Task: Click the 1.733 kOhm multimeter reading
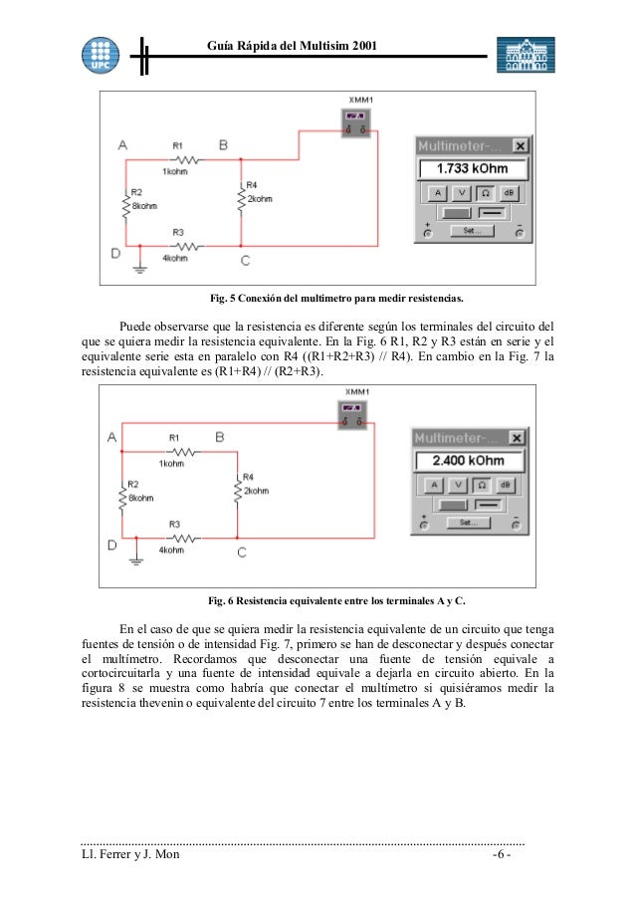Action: click(x=473, y=168)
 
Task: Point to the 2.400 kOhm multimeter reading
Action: click(x=468, y=461)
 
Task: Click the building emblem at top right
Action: click(x=526, y=55)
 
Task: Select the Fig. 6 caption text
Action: click(x=334, y=601)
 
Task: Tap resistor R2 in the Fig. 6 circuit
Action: click(x=122, y=496)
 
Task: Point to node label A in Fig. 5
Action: click(x=122, y=145)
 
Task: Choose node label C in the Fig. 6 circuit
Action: click(x=242, y=552)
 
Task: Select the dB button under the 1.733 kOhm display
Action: click(x=509, y=192)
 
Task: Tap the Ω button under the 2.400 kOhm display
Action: click(x=481, y=485)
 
